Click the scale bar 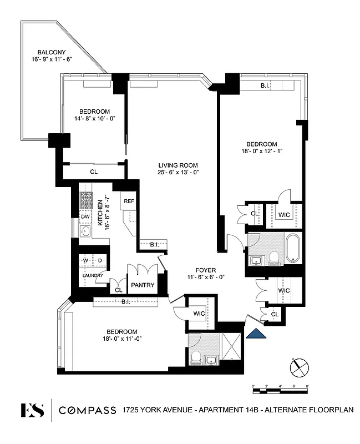point(280,391)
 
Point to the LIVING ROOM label point(178,165)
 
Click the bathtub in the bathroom point(292,248)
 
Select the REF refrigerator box point(129,201)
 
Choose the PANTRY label point(142,285)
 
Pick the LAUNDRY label point(93,275)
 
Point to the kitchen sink point(85,232)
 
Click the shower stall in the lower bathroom point(231,346)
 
